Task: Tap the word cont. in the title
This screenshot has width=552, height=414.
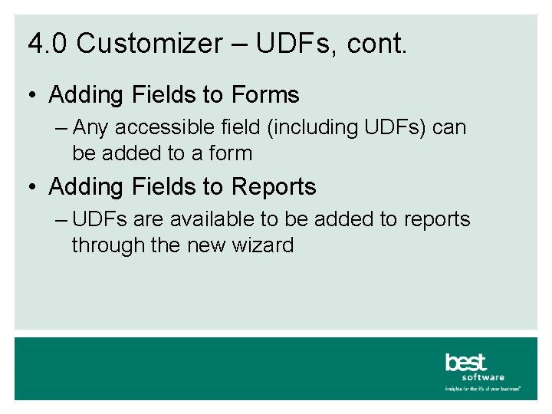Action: pos(377,44)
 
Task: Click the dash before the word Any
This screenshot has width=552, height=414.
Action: pos(63,127)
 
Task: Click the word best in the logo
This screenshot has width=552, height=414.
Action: pos(466,362)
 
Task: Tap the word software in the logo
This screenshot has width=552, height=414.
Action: pos(483,377)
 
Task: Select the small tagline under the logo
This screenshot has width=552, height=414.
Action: pos(483,389)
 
